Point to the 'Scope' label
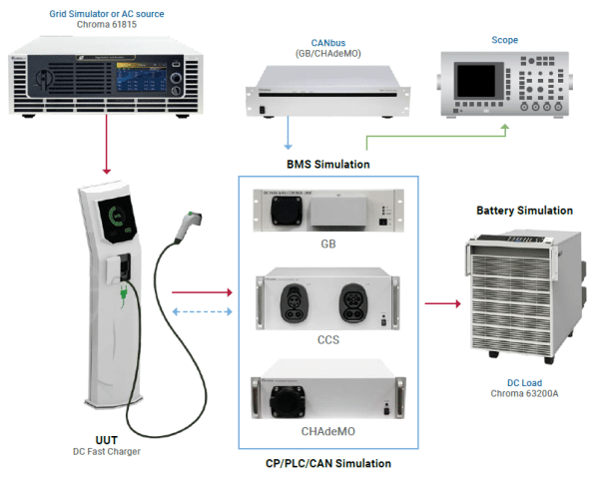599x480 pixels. [504, 40]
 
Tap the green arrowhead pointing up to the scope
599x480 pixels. [504, 128]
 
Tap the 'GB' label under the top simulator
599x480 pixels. [327, 241]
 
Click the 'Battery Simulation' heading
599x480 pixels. [524, 211]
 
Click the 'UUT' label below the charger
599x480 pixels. [108, 439]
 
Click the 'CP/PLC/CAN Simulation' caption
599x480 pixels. [326, 464]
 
